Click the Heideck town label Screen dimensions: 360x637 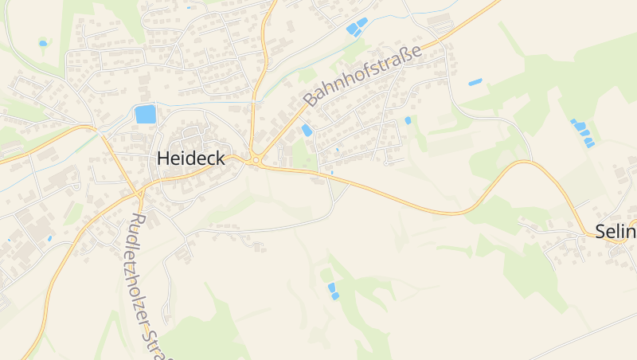(x=191, y=158)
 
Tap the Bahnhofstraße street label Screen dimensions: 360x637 (x=363, y=75)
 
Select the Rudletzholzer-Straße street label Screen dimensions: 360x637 (x=146, y=283)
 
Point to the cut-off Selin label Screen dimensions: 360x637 (x=616, y=232)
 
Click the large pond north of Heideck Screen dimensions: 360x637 (x=146, y=114)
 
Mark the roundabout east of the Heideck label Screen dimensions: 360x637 (x=256, y=160)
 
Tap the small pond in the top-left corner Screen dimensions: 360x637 (x=43, y=43)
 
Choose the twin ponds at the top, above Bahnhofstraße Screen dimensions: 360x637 (x=356, y=26)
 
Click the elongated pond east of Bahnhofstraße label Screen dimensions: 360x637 (x=475, y=82)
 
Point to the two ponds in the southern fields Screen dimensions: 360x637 (x=333, y=291)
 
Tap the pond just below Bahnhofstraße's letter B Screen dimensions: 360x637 (x=307, y=131)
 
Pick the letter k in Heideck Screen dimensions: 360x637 (x=221, y=158)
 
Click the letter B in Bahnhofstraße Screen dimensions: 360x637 (x=311, y=101)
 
